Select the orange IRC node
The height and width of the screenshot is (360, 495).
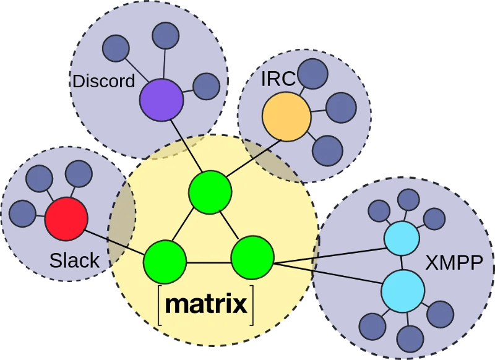tap(286, 116)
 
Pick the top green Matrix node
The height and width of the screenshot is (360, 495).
tap(210, 191)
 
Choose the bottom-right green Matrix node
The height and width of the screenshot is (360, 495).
tap(252, 257)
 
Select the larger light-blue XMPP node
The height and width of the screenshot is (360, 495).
tap(403, 291)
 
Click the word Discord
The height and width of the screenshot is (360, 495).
tap(103, 81)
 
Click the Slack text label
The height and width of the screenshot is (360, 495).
tap(74, 260)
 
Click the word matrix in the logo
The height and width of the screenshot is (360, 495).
tap(207, 304)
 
